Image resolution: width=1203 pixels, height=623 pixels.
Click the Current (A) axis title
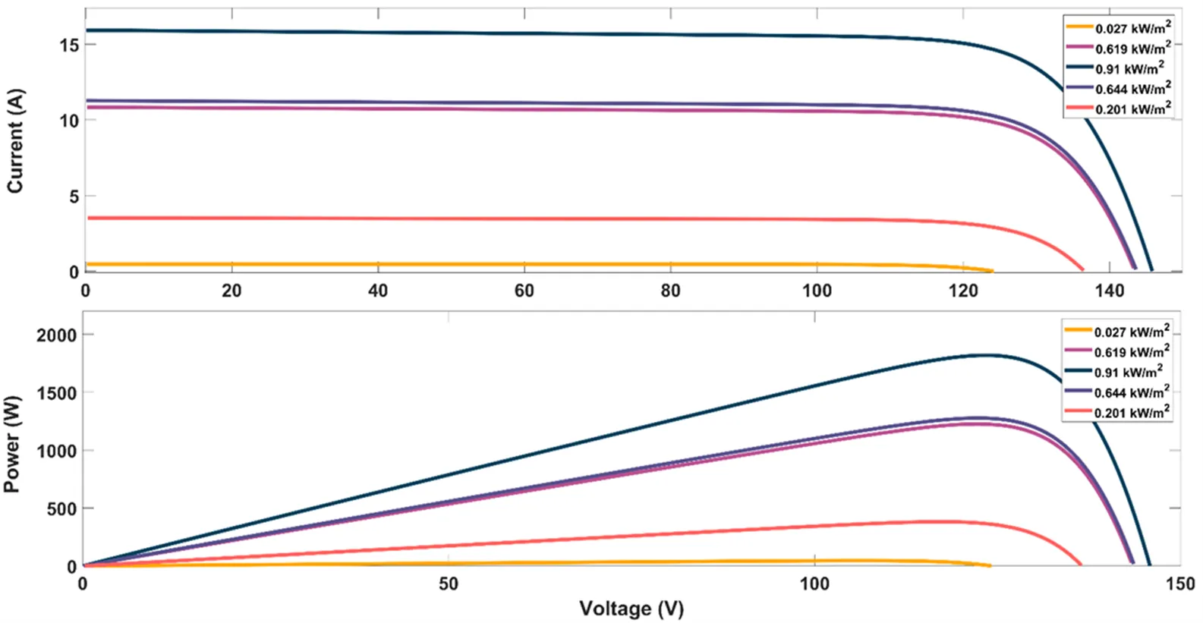point(16,141)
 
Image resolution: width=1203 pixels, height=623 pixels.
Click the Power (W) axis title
point(12,444)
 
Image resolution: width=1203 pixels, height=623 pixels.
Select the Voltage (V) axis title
point(631,609)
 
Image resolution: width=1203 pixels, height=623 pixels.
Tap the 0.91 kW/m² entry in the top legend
point(1129,68)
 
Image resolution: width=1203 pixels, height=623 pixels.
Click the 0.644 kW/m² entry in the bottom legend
point(1131,392)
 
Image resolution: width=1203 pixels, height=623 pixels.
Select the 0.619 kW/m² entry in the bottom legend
point(1131,352)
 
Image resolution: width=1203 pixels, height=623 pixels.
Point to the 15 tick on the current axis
point(69,45)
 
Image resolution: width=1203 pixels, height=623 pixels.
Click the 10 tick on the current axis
point(69,121)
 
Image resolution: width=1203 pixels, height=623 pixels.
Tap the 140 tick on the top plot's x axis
point(1110,291)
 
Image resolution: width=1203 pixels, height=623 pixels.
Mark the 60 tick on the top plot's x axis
point(524,291)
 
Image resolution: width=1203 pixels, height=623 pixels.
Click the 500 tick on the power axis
point(61,508)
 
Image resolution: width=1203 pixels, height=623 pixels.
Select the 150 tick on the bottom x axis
point(1179,584)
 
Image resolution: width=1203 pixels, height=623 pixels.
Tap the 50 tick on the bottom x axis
point(449,584)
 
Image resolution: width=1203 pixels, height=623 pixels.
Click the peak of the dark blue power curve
point(985,355)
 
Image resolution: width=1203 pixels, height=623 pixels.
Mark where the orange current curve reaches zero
point(991,271)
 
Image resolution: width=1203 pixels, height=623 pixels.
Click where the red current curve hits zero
point(1082,269)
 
